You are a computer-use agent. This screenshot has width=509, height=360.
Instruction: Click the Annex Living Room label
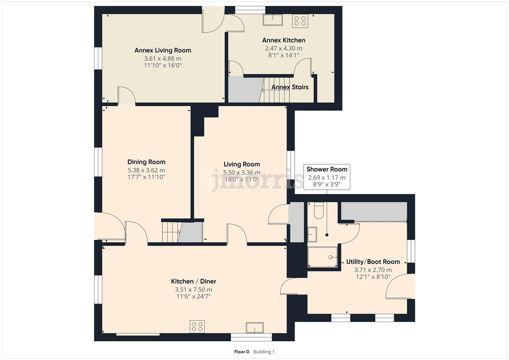pos(163,50)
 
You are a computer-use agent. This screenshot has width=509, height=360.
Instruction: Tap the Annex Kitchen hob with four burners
pos(300,21)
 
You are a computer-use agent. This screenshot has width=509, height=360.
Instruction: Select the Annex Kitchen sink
pos(272,20)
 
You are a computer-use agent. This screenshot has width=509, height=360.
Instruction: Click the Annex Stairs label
pos(290,87)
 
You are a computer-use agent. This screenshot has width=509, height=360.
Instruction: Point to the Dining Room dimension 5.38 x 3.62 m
pos(146,170)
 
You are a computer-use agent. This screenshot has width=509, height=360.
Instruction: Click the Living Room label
pos(242,164)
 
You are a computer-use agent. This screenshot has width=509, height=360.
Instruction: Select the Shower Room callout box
pos(327,177)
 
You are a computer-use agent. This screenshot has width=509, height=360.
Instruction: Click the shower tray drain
pos(330,257)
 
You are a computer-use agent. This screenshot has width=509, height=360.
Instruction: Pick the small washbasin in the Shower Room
pos(312,234)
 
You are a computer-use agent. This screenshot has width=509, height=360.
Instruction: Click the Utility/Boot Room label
pos(373,262)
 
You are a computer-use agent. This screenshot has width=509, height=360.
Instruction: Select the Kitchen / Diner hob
pos(197,327)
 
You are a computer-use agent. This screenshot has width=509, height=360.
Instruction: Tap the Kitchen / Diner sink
pos(255,327)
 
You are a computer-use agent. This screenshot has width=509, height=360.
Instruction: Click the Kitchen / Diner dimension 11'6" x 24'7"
pos(193,297)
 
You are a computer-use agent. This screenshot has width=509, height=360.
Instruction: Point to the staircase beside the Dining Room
pos(170,232)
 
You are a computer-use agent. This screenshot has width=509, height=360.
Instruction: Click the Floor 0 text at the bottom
pos(242,352)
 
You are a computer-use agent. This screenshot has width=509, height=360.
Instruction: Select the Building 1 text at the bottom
pos(264,352)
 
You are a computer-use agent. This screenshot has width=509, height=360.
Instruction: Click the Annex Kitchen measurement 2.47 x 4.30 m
pos(284,48)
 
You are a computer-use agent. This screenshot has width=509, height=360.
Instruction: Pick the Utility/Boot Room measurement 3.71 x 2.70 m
pos(373,270)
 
